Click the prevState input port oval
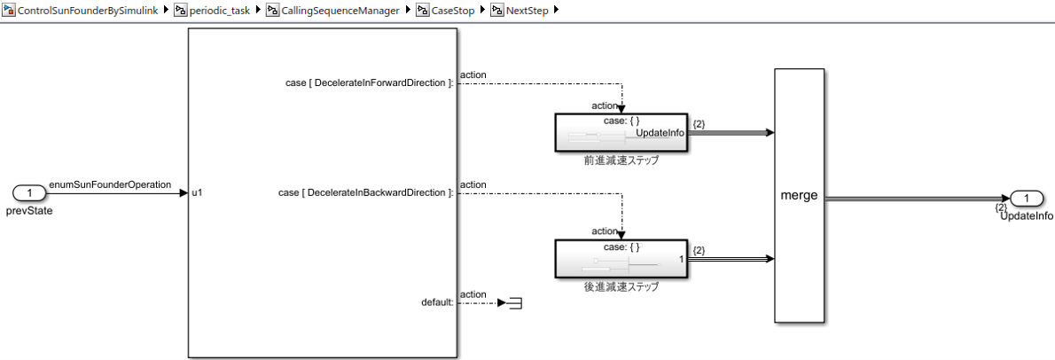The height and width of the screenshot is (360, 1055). point(29,192)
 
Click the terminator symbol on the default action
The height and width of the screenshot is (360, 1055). point(513,303)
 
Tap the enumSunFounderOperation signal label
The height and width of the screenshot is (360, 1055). point(110,184)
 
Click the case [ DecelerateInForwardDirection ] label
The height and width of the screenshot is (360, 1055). point(365,82)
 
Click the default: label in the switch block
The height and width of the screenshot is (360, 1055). point(437,302)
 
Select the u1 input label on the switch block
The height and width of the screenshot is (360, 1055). point(197,192)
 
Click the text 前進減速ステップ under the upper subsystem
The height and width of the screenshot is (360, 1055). point(621,160)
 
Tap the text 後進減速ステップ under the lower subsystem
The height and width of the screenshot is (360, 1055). point(621,286)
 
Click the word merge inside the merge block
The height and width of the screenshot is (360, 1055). point(799,196)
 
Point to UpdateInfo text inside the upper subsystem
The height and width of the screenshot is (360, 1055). point(660,132)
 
